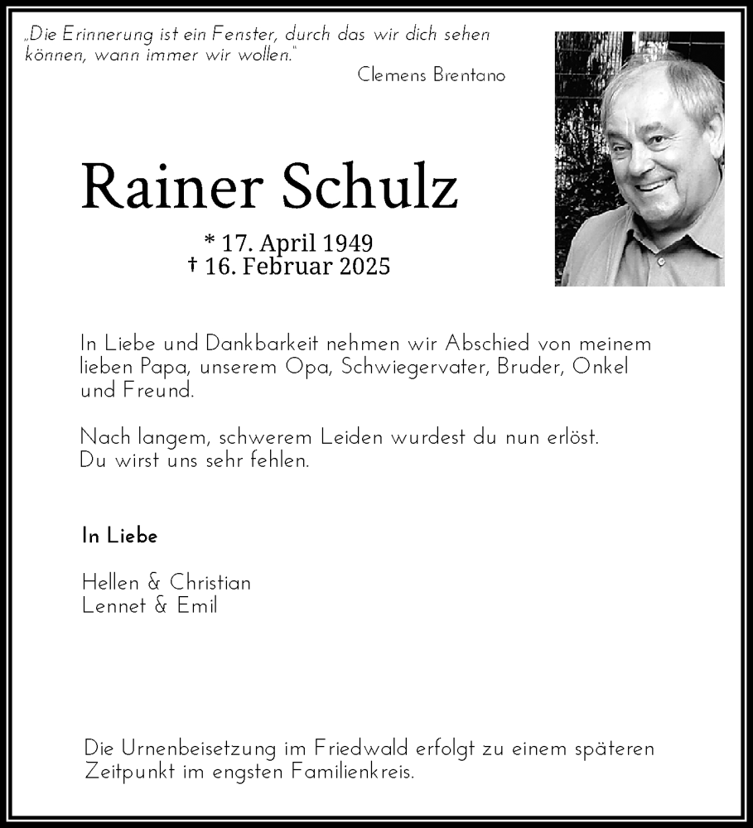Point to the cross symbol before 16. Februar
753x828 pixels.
(193, 265)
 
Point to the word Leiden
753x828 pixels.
(343, 436)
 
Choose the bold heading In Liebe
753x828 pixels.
(120, 536)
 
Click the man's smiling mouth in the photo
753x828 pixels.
(653, 185)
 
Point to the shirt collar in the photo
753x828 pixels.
(663, 244)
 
